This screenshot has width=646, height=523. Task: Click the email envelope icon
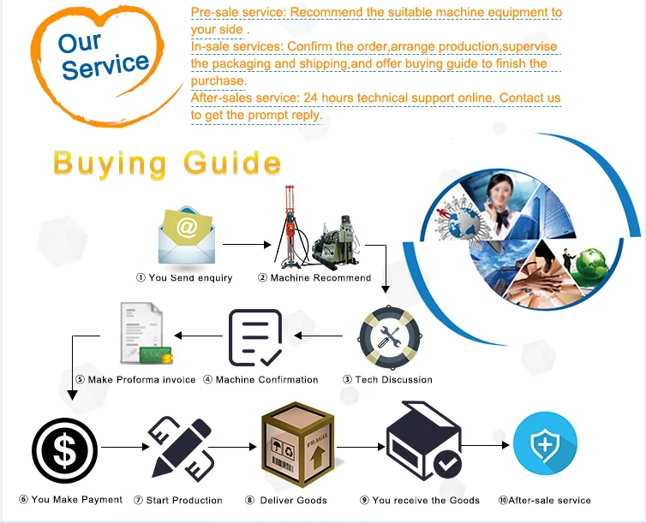tap(186, 235)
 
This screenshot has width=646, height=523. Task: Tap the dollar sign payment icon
tap(66, 450)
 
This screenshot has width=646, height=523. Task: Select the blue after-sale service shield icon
tap(544, 444)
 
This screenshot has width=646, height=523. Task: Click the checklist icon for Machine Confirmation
tap(254, 336)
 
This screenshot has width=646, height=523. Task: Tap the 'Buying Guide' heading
tap(167, 162)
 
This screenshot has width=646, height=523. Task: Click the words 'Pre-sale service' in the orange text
tap(236, 13)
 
